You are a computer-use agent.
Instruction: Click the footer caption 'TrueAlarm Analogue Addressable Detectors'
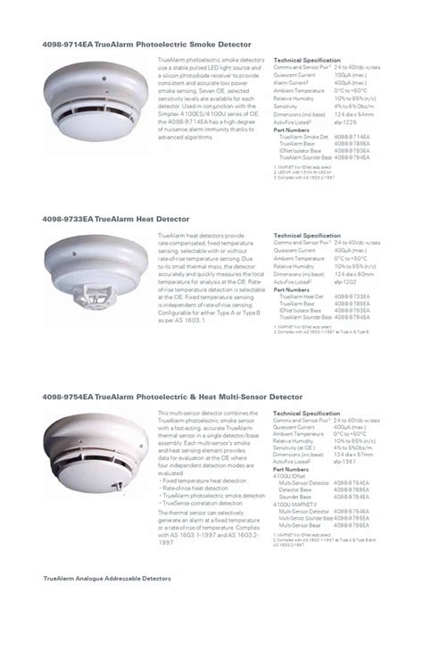(x=106, y=579)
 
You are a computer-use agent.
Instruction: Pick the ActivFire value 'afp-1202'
(x=349, y=281)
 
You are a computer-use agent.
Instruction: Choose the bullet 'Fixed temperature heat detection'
(x=203, y=481)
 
